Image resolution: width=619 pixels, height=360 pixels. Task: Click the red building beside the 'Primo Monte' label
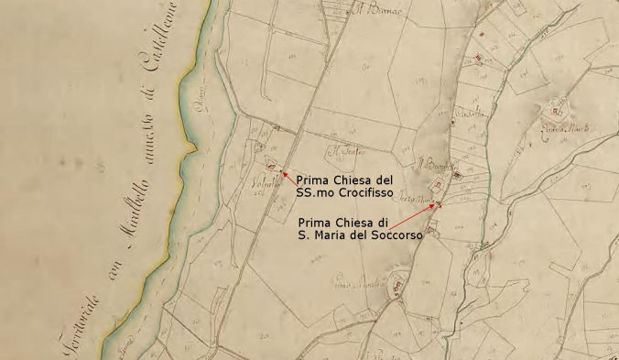tap(397, 285)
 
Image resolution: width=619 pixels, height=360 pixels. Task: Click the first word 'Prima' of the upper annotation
tap(314, 181)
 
